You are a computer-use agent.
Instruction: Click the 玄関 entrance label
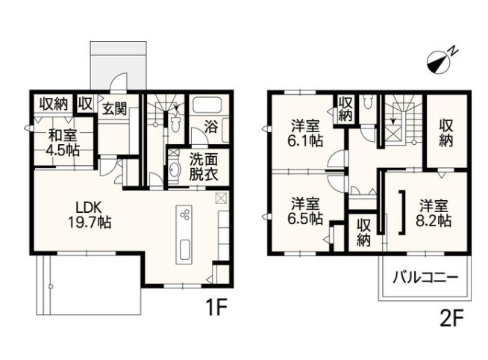[x=113, y=108]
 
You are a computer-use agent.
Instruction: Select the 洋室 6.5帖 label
[x=306, y=211]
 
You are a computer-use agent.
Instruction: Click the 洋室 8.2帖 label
[x=435, y=213]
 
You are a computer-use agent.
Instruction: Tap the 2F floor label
[x=451, y=319]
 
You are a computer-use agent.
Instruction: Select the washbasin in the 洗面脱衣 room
[x=175, y=170]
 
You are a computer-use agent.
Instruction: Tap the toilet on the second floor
[x=368, y=104]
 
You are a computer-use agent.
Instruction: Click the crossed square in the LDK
[x=220, y=199]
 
